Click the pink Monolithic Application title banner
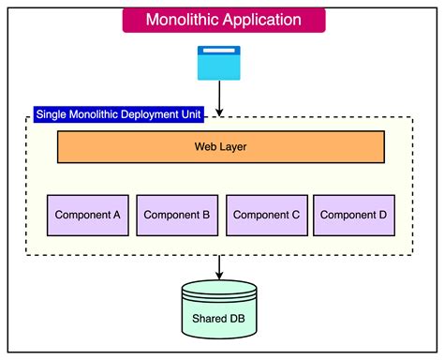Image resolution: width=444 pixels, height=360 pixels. tap(224, 20)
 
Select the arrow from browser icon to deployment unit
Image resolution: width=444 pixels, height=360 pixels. tap(218, 97)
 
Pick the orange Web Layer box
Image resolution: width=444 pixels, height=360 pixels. tap(221, 147)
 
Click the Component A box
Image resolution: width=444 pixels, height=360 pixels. tap(88, 215)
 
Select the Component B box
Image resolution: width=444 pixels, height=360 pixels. tap(177, 215)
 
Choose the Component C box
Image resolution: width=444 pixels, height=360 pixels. tap(266, 215)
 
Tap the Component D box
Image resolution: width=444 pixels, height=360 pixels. tap(354, 215)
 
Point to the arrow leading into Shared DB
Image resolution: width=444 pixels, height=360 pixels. tap(219, 266)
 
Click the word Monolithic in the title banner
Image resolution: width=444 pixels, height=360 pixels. tap(184, 20)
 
